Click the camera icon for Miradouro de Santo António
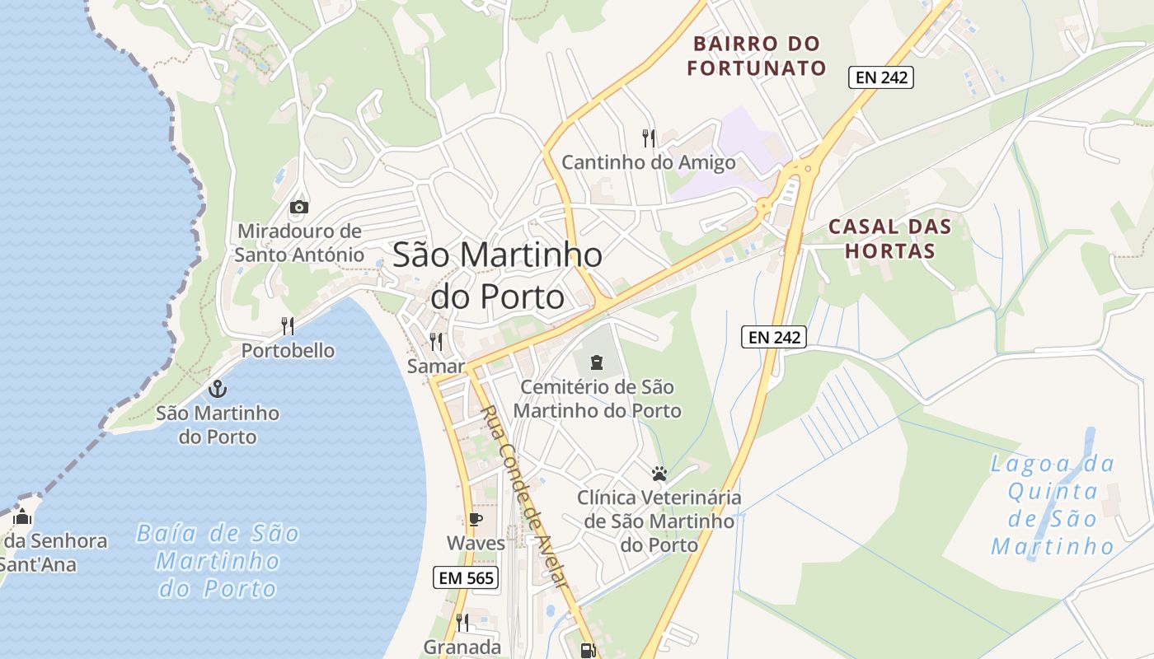pyautogui.click(x=299, y=207)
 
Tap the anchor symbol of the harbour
pyautogui.click(x=218, y=389)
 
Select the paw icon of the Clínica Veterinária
pyautogui.click(x=659, y=474)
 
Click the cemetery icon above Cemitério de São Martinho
pyautogui.click(x=597, y=361)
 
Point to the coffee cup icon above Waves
pyautogui.click(x=475, y=518)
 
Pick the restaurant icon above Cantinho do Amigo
pyautogui.click(x=649, y=138)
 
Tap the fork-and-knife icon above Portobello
pyautogui.click(x=287, y=326)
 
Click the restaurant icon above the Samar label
pyautogui.click(x=436, y=341)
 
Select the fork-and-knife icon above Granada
pyautogui.click(x=462, y=622)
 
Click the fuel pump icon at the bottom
pyautogui.click(x=588, y=651)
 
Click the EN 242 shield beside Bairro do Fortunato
pyautogui.click(x=881, y=78)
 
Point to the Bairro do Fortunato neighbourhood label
pyautogui.click(x=757, y=56)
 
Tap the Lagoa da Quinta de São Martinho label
pyautogui.click(x=1053, y=504)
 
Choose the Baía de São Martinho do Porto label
pyautogui.click(x=218, y=561)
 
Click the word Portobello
pyautogui.click(x=288, y=351)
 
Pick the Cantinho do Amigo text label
pyautogui.click(x=648, y=162)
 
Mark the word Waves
pyautogui.click(x=476, y=544)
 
